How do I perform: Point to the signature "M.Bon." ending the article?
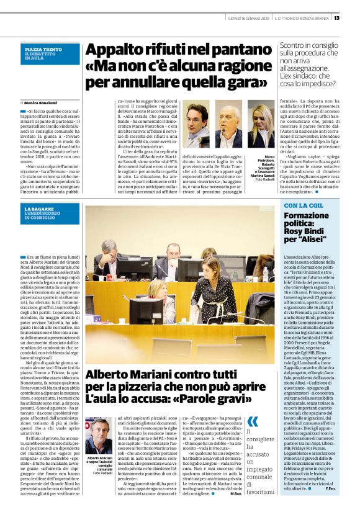click(x=235, y=493)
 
